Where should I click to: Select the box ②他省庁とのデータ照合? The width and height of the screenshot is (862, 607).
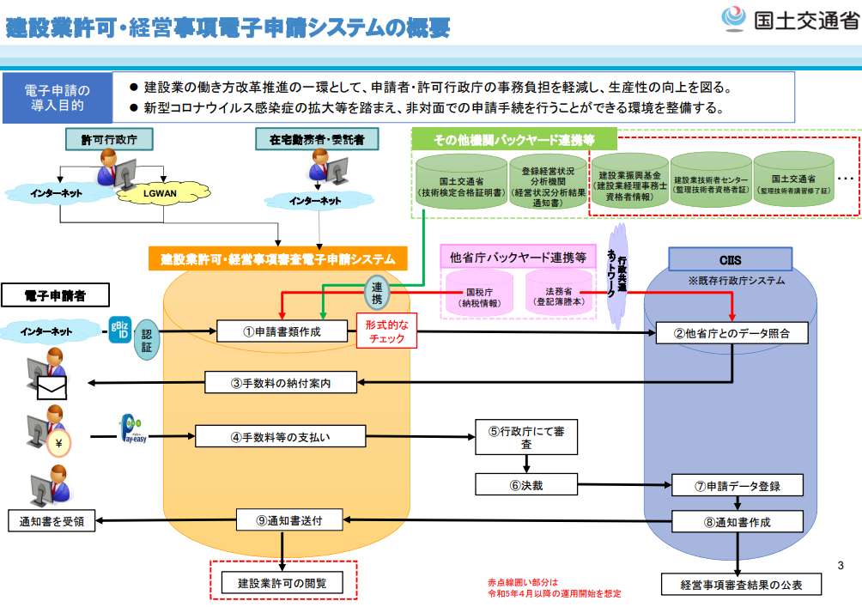click(732, 333)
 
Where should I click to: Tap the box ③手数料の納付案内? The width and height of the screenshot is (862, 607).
click(281, 383)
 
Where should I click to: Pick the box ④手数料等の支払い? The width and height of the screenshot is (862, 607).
click(281, 436)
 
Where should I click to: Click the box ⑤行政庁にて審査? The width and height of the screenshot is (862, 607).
click(526, 437)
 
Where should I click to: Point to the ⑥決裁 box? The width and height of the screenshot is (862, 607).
click(526, 485)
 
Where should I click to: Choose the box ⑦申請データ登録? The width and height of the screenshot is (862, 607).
click(738, 485)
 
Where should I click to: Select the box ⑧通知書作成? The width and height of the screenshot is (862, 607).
click(738, 521)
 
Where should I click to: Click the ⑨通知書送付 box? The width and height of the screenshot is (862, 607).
click(290, 519)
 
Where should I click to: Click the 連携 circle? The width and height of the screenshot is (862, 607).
click(377, 293)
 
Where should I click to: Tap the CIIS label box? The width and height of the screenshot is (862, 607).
click(731, 259)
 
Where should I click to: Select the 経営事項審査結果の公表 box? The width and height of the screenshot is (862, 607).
click(741, 585)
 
